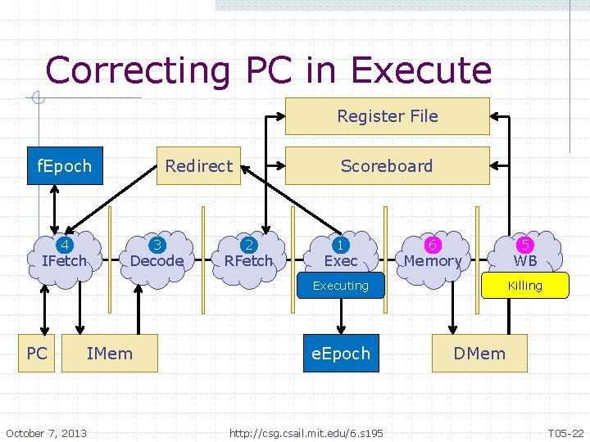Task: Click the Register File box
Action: click(x=387, y=116)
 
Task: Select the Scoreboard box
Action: click(x=387, y=166)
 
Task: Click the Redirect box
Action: click(x=199, y=166)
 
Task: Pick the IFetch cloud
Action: click(x=64, y=254)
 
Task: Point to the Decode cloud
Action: click(x=157, y=254)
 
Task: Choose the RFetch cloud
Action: click(x=248, y=254)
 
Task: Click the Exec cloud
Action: click(x=341, y=254)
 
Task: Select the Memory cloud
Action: click(x=433, y=254)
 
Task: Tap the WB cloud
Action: click(x=525, y=254)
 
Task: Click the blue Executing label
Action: click(x=341, y=286)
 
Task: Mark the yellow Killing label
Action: click(x=525, y=286)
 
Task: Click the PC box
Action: click(x=37, y=354)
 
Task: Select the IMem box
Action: click(x=110, y=354)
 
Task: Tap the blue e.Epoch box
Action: click(x=341, y=354)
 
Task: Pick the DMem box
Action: click(x=480, y=354)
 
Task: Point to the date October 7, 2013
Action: click(x=46, y=432)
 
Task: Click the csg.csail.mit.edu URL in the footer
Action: click(x=306, y=432)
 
